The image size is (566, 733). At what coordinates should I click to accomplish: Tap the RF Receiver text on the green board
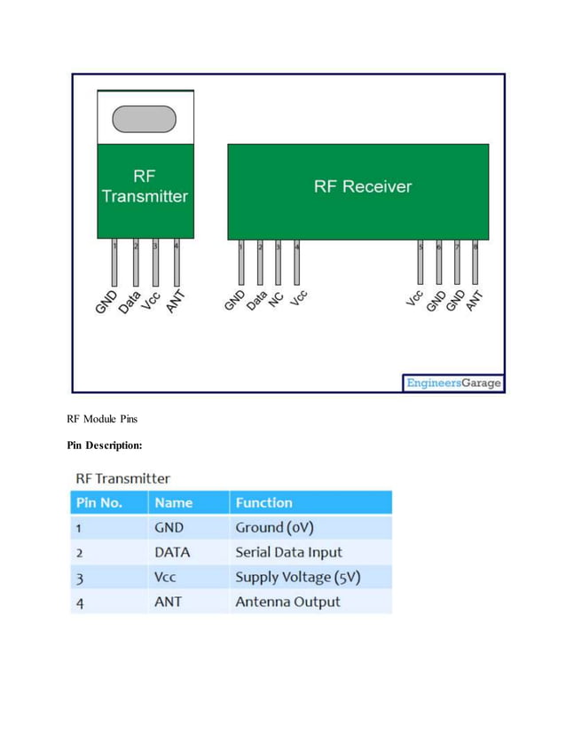pos(362,186)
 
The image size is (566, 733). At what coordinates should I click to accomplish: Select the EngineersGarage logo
pos(453,383)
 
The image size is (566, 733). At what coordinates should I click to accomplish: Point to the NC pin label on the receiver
pos(276,300)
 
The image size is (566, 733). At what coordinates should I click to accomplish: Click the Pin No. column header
pos(99,502)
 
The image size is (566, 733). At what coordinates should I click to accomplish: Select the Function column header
pos(263,502)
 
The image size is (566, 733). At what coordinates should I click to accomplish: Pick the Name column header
pos(173,502)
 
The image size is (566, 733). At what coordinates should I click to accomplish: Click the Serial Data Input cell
pos(288,552)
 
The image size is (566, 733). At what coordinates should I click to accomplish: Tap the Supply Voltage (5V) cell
pos(297,577)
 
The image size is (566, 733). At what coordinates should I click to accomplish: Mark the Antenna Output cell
pos(287,602)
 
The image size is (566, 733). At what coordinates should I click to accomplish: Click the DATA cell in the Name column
pos(172,552)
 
